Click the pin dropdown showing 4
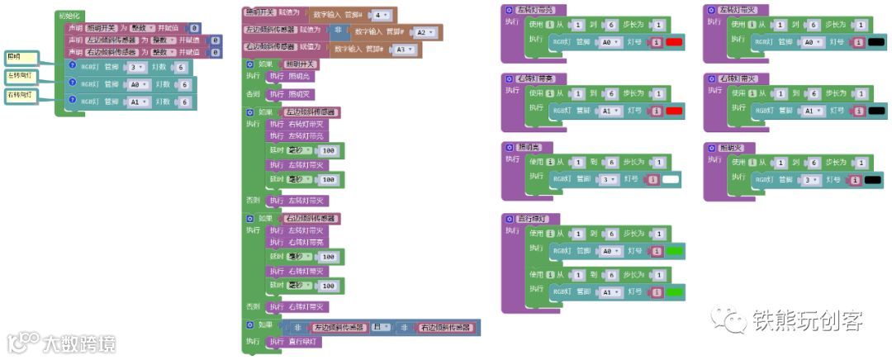pyautogui.click(x=381, y=15)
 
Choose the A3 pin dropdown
pyautogui.click(x=403, y=50)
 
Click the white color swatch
pyautogui.click(x=671, y=179)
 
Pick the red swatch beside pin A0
pyautogui.click(x=673, y=41)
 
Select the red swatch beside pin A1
pyautogui.click(x=673, y=111)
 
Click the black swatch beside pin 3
pyautogui.click(x=873, y=179)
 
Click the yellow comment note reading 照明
pyautogui.click(x=21, y=57)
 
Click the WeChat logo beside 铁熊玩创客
pyautogui.click(x=728, y=319)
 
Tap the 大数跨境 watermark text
pyautogui.click(x=79, y=342)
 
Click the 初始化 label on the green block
pyautogui.click(x=68, y=16)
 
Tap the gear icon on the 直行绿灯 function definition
pyautogui.click(x=510, y=219)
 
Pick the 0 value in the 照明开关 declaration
pyautogui.click(x=194, y=27)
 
